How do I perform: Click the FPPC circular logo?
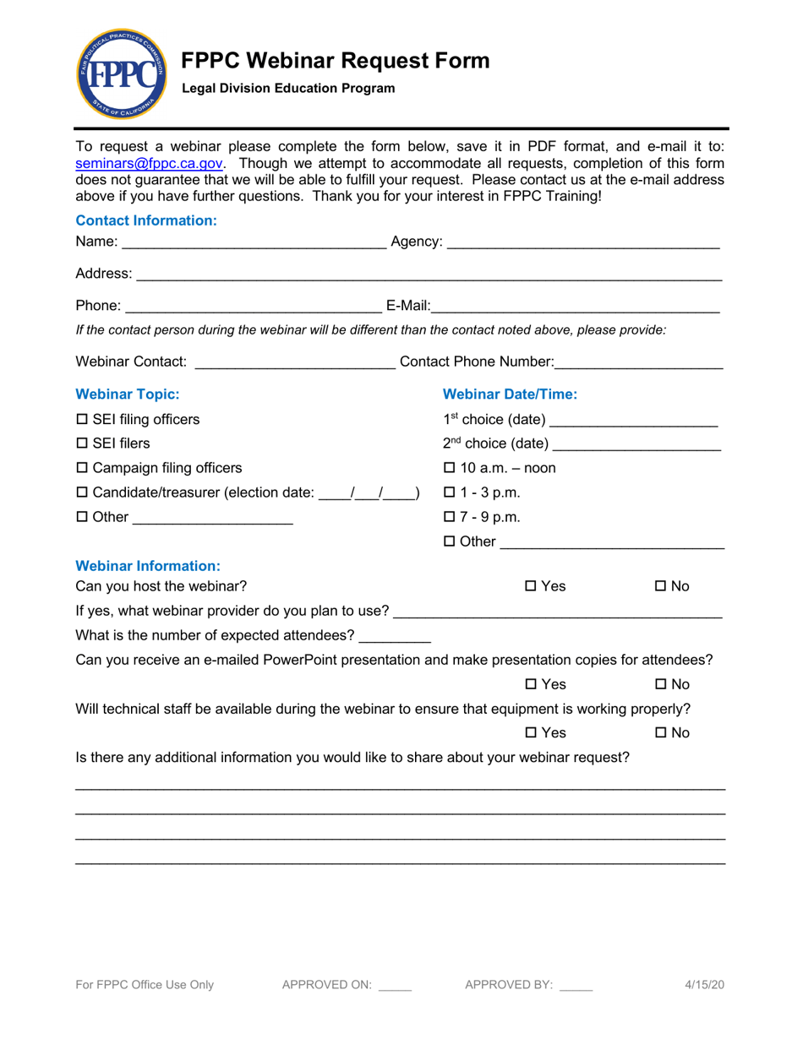[116, 74]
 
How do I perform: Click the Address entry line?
[429, 275]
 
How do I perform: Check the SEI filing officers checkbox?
[83, 420]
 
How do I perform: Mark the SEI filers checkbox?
[83, 443]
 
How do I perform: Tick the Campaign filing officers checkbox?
[83, 468]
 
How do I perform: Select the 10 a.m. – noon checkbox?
[450, 468]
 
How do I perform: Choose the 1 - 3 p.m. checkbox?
[450, 492]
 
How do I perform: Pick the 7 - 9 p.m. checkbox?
[450, 517]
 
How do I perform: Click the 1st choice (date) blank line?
[633, 422]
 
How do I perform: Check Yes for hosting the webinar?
[531, 586]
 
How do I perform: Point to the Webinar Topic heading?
[128, 394]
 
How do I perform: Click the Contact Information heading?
[146, 220]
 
